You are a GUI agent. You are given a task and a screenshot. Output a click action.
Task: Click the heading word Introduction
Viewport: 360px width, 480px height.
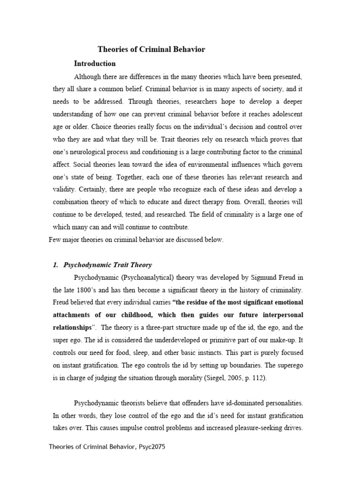click(x=95, y=63)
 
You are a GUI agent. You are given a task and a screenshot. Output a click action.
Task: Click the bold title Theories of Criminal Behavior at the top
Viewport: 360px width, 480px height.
click(x=151, y=49)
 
